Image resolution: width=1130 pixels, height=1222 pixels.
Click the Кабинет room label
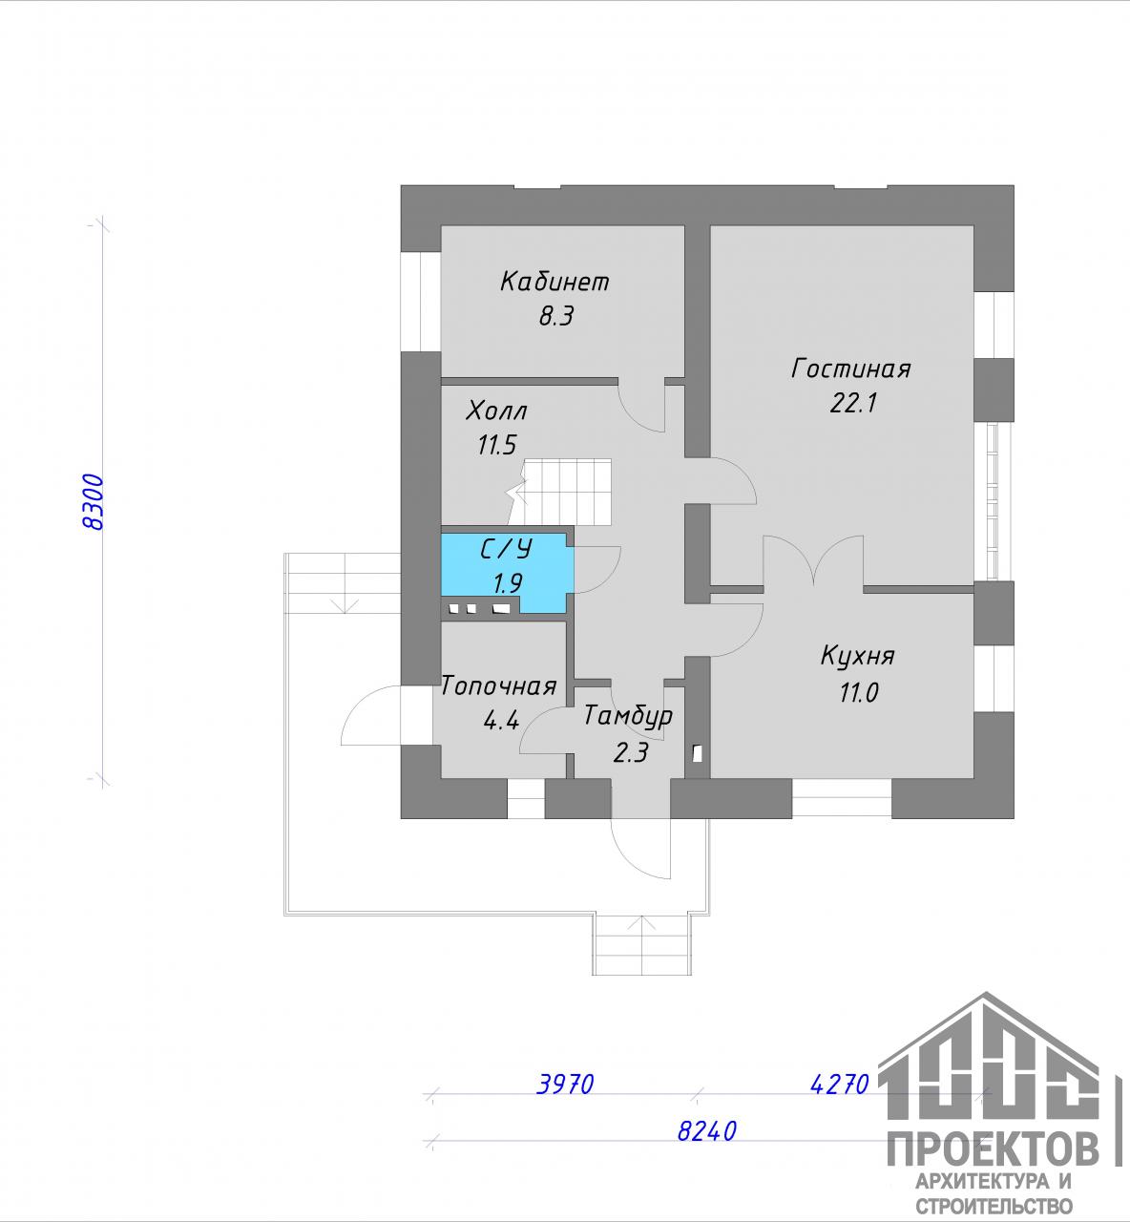tap(555, 282)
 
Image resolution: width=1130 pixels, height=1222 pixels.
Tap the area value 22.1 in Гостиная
tap(853, 403)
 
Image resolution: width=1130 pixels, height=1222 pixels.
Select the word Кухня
tap(857, 656)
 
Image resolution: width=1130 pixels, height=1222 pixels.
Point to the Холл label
tap(496, 411)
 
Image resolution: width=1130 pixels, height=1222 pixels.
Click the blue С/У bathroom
tap(508, 573)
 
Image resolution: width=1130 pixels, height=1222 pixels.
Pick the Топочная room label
tap(499, 686)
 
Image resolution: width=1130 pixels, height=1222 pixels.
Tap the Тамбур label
tap(628, 717)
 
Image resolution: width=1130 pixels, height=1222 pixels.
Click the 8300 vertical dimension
tap(94, 502)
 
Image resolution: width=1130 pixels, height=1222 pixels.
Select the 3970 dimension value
tap(565, 1084)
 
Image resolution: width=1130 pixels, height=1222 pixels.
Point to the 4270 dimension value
tap(839, 1084)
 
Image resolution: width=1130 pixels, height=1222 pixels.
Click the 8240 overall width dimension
tap(707, 1131)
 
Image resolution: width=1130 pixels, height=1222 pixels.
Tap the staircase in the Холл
tap(558, 493)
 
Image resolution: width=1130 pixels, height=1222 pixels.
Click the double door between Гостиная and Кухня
tap(813, 560)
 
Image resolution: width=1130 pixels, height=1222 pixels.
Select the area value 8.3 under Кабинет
tap(556, 317)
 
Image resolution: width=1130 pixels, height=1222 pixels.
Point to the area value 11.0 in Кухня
tap(859, 693)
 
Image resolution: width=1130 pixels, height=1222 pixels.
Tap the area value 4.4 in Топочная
tap(501, 720)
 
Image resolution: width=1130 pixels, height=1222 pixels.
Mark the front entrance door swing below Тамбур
tap(640, 849)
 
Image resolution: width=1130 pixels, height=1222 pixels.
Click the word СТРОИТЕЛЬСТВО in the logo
tap(994, 1206)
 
